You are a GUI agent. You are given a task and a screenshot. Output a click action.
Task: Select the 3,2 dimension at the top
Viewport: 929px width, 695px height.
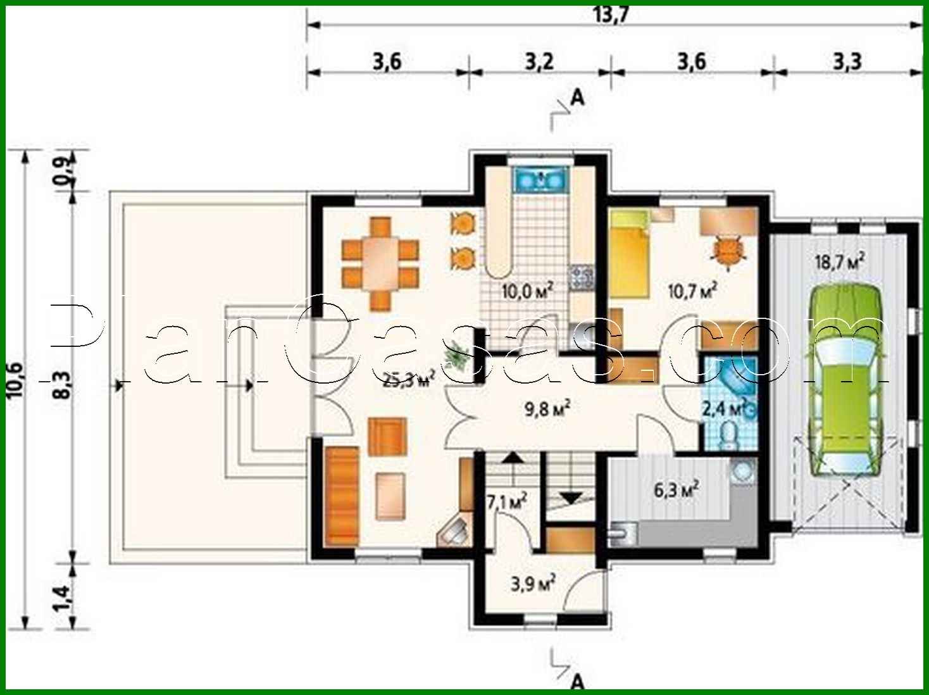point(539,62)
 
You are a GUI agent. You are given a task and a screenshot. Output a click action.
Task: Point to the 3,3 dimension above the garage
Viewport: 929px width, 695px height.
point(847,62)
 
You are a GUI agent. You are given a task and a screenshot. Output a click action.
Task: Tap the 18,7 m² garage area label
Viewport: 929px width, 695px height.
point(839,261)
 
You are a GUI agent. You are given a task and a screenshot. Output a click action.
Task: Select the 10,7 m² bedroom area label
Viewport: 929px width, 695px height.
point(692,291)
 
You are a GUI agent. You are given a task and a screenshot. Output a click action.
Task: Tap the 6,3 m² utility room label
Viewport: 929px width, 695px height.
point(676,490)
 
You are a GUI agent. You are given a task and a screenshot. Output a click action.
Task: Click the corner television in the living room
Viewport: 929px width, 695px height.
point(454,530)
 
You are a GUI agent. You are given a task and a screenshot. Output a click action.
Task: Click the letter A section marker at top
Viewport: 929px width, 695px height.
point(577,97)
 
